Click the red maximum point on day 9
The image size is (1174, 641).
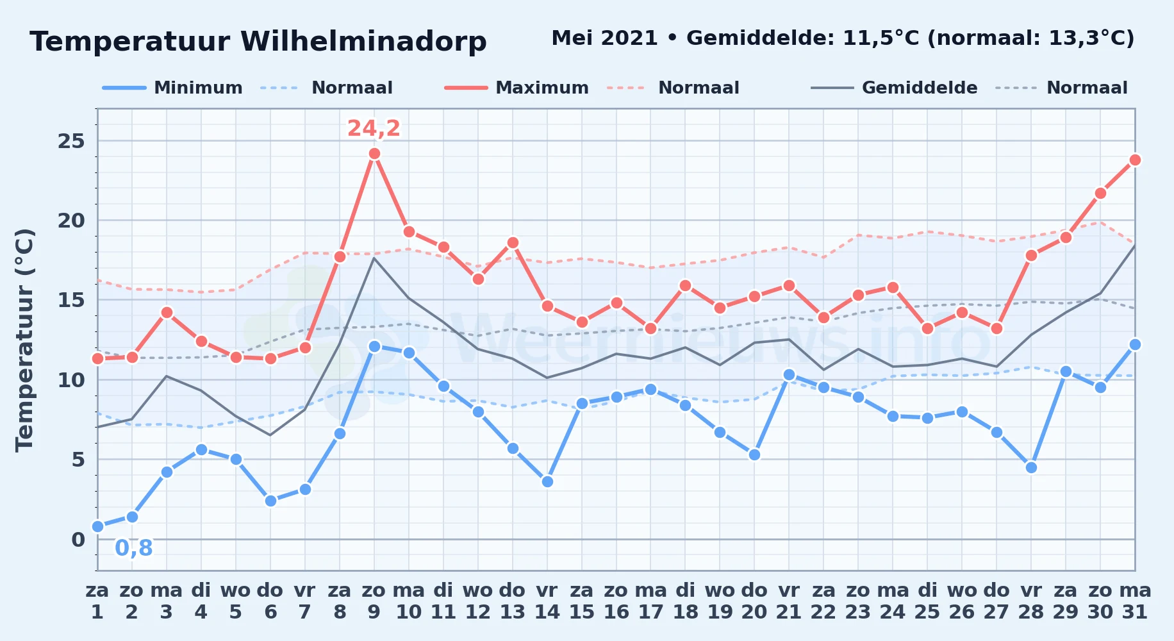coord(374,154)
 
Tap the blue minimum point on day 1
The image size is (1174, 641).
coord(97,527)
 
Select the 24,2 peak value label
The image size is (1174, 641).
coord(374,128)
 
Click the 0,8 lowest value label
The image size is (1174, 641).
coord(134,548)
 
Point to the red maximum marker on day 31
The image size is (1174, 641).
coord(1135,160)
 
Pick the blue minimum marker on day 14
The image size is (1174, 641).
coord(547,482)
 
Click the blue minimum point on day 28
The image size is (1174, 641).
coord(1031,468)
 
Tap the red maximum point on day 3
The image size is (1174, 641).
coord(167,313)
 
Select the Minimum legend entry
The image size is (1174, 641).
coord(172,88)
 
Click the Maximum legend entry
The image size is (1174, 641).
coord(517,88)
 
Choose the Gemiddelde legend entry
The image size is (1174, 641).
coord(894,88)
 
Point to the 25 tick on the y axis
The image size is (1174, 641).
coord(71,141)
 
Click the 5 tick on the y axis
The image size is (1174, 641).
coord(78,460)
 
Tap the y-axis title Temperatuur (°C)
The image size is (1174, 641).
coord(24,340)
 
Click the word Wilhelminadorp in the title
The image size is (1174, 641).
coord(363,42)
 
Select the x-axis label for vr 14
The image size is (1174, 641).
coord(547,601)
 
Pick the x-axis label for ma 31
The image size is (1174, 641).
coord(1135,601)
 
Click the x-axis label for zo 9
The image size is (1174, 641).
coord(374,601)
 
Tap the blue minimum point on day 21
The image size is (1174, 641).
coord(789,375)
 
